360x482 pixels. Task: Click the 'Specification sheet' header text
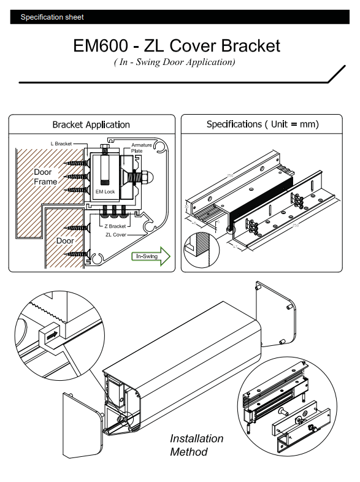coord(52,17)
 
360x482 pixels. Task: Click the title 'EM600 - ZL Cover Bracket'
coord(177,46)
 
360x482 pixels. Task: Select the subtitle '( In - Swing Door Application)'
coord(174,62)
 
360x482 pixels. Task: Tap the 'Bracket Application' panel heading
coord(91,124)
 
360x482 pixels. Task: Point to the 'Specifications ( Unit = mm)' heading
coord(262,124)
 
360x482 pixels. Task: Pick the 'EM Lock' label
coord(105,192)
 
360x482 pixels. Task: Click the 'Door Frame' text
coord(45,177)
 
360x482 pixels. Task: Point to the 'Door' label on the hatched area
coord(65,241)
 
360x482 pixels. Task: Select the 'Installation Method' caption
coord(196,445)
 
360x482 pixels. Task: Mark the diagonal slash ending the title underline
coord(335,74)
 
